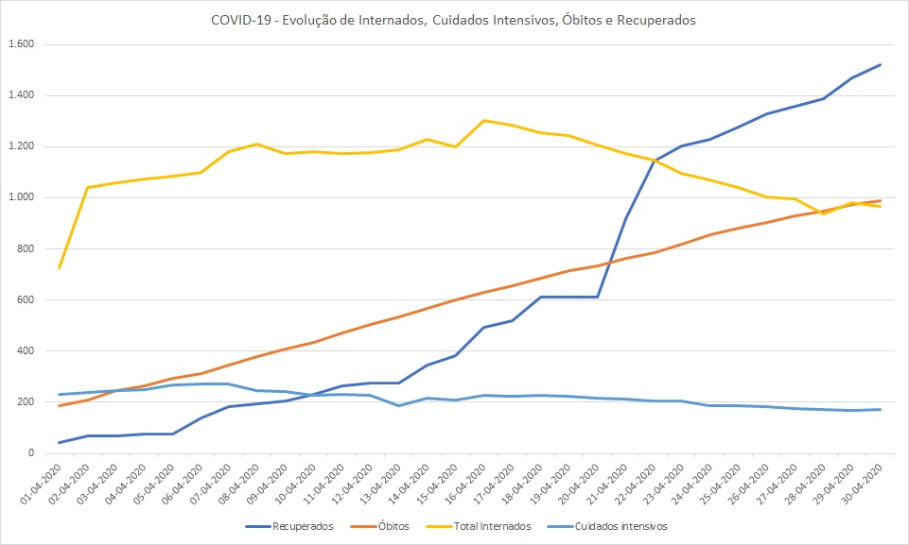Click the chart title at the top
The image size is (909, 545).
click(454, 20)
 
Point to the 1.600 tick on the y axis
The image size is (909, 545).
click(20, 44)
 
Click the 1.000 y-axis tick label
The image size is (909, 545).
click(20, 197)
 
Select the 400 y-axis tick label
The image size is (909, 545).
click(24, 351)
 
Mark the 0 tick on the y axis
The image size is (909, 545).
click(30, 453)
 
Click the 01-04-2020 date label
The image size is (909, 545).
click(44, 482)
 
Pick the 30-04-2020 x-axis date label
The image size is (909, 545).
click(866, 482)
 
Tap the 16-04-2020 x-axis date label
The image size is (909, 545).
click(469, 482)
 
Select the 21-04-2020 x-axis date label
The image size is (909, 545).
click(611, 482)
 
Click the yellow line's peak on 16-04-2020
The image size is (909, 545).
click(484, 120)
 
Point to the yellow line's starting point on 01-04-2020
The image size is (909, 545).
click(60, 268)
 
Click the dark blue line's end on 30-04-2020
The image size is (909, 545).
click(881, 65)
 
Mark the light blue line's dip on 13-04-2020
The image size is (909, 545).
click(399, 405)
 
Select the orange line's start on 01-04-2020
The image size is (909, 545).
click(60, 406)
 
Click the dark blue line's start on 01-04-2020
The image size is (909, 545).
click(60, 442)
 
